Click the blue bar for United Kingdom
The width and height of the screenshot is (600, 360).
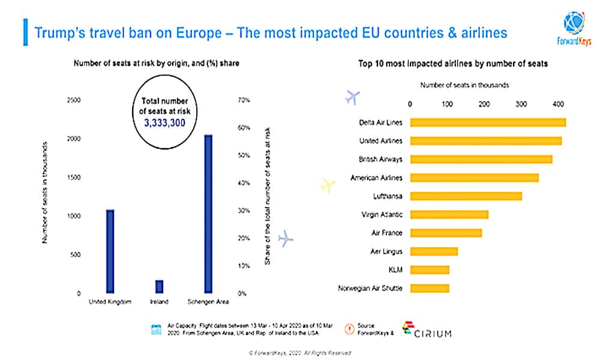click(x=110, y=251)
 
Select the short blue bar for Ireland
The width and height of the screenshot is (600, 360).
click(x=160, y=287)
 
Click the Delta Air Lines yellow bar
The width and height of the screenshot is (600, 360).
click(x=488, y=122)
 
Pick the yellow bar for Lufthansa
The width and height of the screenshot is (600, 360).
click(x=466, y=196)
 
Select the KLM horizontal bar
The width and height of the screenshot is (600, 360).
click(x=430, y=270)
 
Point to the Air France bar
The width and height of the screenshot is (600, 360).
click(x=446, y=233)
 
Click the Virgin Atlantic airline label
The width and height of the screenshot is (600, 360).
click(x=382, y=215)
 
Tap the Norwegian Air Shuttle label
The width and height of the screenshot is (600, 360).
click(x=370, y=289)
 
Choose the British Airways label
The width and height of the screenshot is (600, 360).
click(x=380, y=160)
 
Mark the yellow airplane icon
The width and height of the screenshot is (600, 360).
click(x=327, y=185)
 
